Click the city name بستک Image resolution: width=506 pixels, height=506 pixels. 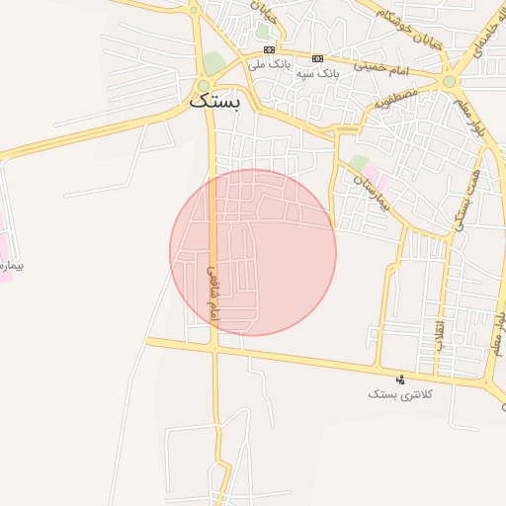click(x=213, y=102)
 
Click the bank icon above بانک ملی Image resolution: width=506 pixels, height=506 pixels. click(x=270, y=50)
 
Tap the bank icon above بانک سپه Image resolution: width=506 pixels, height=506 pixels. click(x=317, y=58)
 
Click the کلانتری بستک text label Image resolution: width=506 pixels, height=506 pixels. click(x=396, y=394)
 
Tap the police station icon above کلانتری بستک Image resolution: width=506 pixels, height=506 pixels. click(x=400, y=379)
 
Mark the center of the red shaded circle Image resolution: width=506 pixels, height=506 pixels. click(x=253, y=252)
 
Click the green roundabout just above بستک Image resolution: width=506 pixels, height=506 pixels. click(x=204, y=86)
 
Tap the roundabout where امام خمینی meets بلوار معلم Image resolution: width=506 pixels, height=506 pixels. click(x=450, y=81)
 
